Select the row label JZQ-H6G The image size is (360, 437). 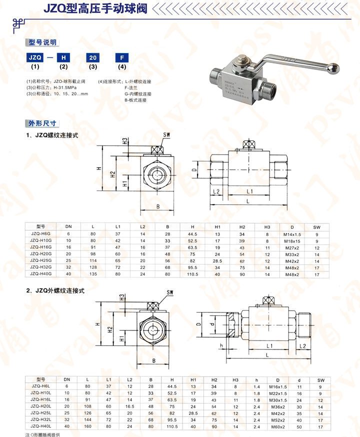point(41,234)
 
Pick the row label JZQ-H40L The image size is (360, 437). point(41,426)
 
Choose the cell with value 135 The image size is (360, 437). point(92,274)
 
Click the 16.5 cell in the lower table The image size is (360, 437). point(129,406)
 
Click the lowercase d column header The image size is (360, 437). point(299,380)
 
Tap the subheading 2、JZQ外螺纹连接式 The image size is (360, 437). point(60,290)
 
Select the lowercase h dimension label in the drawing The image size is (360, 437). point(220,345)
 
